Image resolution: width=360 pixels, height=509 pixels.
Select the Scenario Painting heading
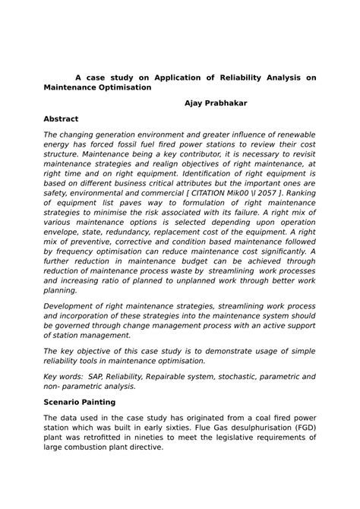[x=79, y=401]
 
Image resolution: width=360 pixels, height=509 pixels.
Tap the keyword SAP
[x=96, y=376]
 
